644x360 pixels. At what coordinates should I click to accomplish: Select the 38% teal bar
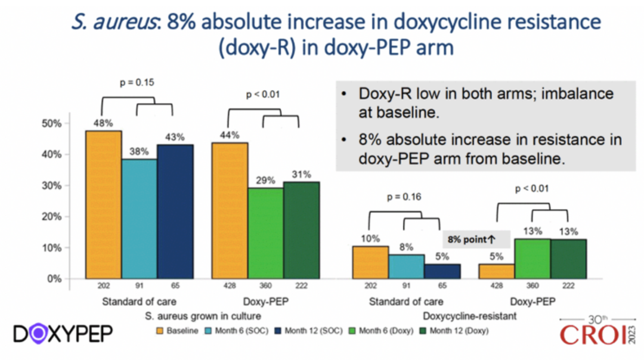coord(139,219)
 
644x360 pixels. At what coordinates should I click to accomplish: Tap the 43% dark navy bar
coord(175,212)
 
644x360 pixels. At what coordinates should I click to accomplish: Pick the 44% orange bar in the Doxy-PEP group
coord(230,210)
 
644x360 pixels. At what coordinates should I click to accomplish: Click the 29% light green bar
coord(266,233)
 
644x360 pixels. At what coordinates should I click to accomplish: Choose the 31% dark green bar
coord(302,230)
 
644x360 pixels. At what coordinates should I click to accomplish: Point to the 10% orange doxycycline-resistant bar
coord(370,262)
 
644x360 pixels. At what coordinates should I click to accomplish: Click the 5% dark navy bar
coord(442,271)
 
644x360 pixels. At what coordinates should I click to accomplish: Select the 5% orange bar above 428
coord(497,271)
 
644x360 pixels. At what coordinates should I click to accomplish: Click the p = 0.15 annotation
coord(137,82)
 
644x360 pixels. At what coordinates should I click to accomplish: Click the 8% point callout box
coord(475,239)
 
